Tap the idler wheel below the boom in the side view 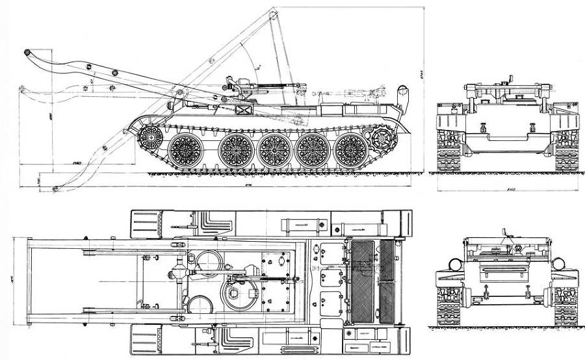pyautogui.click(x=151, y=136)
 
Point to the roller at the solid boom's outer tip pyautogui.click(x=28, y=52)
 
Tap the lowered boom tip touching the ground pyautogui.click(x=57, y=188)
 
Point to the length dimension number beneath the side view pyautogui.click(x=248, y=185)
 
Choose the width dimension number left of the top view pyautogui.click(x=13, y=281)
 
